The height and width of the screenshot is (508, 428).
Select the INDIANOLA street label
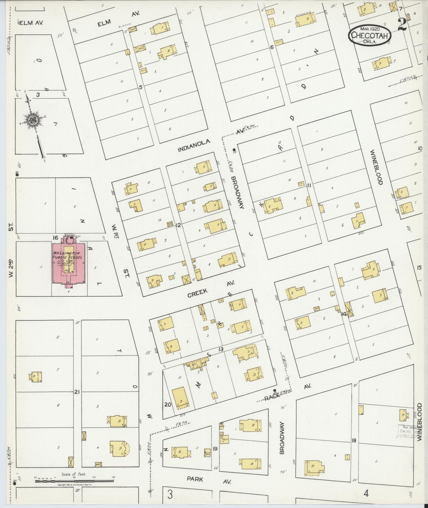[x=194, y=146]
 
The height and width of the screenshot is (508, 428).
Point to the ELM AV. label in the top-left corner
[x=30, y=23]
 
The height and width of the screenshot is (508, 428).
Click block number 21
[x=77, y=392]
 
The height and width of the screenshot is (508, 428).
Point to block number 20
[x=168, y=404]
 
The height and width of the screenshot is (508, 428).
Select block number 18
[x=353, y=441]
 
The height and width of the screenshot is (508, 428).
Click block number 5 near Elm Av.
[x=141, y=87]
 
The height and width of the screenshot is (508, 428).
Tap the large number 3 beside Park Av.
[x=170, y=494]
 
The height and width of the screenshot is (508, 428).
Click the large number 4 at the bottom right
[x=366, y=493]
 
